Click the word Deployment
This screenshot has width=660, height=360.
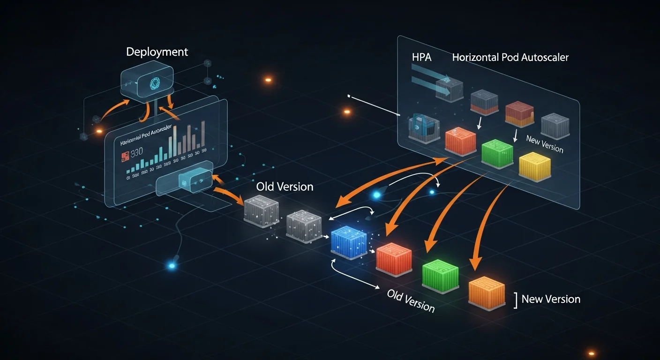click(x=157, y=52)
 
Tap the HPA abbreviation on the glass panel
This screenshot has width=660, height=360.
click(x=420, y=58)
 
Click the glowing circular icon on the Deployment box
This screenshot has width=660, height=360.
click(x=154, y=83)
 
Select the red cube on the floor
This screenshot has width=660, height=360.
click(x=394, y=258)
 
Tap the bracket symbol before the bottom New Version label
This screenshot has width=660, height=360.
click(x=515, y=300)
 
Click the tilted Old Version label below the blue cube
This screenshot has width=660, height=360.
click(x=411, y=300)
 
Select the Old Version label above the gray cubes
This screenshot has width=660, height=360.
click(x=285, y=187)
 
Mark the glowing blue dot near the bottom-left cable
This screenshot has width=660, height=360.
click(x=172, y=266)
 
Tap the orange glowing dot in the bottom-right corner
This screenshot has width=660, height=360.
click(x=592, y=353)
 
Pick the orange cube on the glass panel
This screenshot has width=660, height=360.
click(x=460, y=140)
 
